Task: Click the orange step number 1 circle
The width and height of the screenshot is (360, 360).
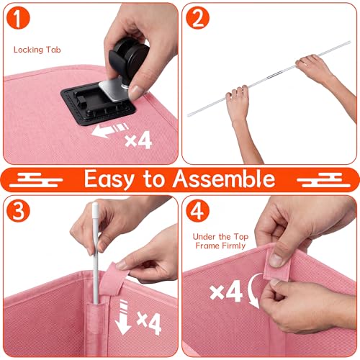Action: [x=18, y=18]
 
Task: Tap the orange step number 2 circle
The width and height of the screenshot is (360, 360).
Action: [x=198, y=18]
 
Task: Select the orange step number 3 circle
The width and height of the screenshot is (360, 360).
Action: [x=18, y=211]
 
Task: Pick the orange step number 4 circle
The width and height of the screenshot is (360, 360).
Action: [x=198, y=211]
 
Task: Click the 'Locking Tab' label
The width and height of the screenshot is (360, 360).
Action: [x=37, y=50]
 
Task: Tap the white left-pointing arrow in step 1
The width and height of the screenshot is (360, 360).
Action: [x=110, y=130]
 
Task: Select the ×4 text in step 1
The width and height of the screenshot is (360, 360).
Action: [x=138, y=140]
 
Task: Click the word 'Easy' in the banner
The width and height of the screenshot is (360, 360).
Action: [x=109, y=179]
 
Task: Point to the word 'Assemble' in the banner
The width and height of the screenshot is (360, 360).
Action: [x=224, y=179]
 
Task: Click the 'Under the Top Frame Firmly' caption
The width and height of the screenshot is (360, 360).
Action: [x=220, y=241]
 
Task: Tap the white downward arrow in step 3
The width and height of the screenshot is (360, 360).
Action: [x=123, y=318]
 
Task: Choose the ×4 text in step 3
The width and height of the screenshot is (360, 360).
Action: [x=149, y=323]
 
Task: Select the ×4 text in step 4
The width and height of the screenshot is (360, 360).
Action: [x=226, y=291]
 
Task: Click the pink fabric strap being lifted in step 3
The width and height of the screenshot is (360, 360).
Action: [x=113, y=279]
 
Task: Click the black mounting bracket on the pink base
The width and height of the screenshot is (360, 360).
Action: [x=99, y=104]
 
